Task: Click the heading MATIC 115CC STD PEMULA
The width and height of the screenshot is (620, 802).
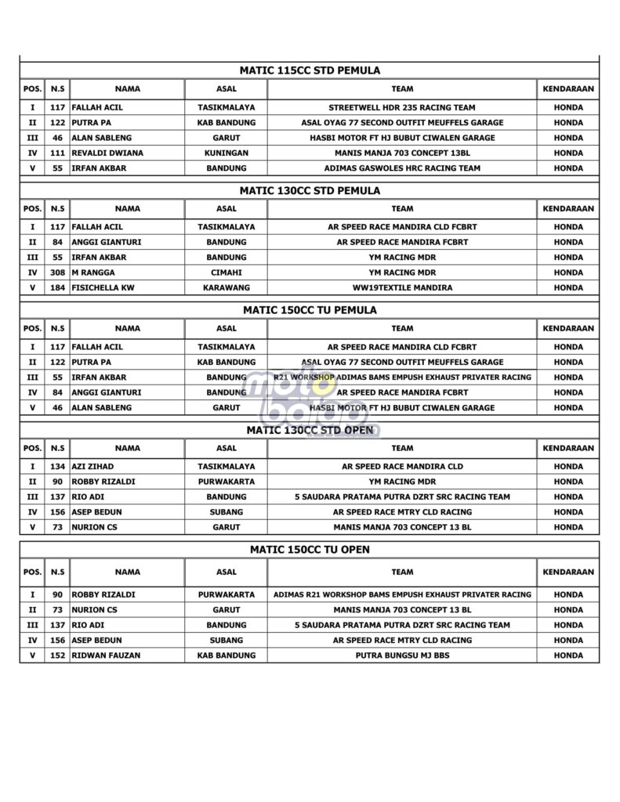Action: click(310, 70)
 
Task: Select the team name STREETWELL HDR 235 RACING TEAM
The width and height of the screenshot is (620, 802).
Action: click(402, 107)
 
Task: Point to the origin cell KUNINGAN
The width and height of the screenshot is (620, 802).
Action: click(226, 153)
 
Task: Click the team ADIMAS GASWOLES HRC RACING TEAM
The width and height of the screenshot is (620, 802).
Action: click(402, 168)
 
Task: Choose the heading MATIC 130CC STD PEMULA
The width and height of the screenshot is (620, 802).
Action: click(310, 190)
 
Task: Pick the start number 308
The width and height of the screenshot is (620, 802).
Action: click(57, 273)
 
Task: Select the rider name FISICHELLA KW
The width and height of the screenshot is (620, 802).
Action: click(103, 288)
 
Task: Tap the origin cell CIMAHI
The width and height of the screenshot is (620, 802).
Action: click(226, 273)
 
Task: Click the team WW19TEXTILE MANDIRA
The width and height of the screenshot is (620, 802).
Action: click(402, 288)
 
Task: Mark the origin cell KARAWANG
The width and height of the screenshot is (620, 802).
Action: click(226, 288)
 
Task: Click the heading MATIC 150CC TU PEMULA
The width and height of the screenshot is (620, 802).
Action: click(310, 310)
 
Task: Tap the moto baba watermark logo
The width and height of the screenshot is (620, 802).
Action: click(310, 399)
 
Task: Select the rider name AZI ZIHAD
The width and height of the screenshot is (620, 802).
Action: click(93, 467)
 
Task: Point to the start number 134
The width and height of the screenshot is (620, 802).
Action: click(57, 467)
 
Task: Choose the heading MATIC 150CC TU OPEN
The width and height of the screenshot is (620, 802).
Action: click(310, 550)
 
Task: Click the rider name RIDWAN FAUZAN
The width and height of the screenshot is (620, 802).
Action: click(106, 656)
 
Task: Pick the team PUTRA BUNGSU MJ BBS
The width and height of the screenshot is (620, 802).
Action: click(402, 656)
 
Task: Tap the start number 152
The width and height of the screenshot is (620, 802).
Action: click(57, 656)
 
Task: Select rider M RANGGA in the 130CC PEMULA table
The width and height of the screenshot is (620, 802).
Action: click(92, 273)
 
